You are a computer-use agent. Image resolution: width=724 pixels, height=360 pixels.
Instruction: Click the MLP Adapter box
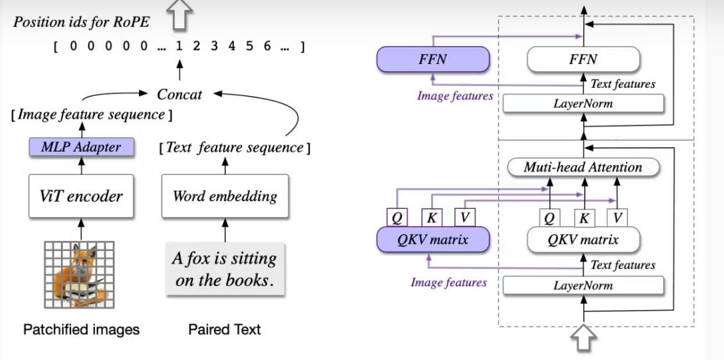[81, 147]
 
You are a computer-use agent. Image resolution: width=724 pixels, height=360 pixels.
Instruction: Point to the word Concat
[179, 94]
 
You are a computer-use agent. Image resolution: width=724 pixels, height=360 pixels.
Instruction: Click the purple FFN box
[433, 60]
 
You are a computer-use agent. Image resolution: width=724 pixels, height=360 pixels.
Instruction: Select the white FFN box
[582, 60]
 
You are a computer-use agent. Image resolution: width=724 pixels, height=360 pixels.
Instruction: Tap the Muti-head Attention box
[582, 167]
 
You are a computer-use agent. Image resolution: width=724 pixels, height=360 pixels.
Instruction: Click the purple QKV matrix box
[433, 240]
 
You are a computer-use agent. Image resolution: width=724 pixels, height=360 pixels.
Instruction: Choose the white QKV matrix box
[582, 240]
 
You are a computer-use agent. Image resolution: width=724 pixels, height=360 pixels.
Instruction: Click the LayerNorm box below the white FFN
[582, 103]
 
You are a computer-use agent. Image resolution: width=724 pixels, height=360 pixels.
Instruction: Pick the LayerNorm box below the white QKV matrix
[582, 285]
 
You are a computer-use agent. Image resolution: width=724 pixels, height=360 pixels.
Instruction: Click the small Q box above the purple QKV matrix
[397, 218]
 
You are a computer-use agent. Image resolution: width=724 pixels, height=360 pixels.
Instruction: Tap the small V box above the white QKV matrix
[618, 218]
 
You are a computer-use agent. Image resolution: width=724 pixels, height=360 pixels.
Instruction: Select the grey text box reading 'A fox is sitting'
[224, 269]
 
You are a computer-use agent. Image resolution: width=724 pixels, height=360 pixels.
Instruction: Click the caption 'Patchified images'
[81, 330]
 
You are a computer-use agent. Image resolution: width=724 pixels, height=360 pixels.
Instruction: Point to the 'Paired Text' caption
[224, 330]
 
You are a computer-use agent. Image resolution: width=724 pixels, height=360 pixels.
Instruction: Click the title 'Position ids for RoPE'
[81, 21]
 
